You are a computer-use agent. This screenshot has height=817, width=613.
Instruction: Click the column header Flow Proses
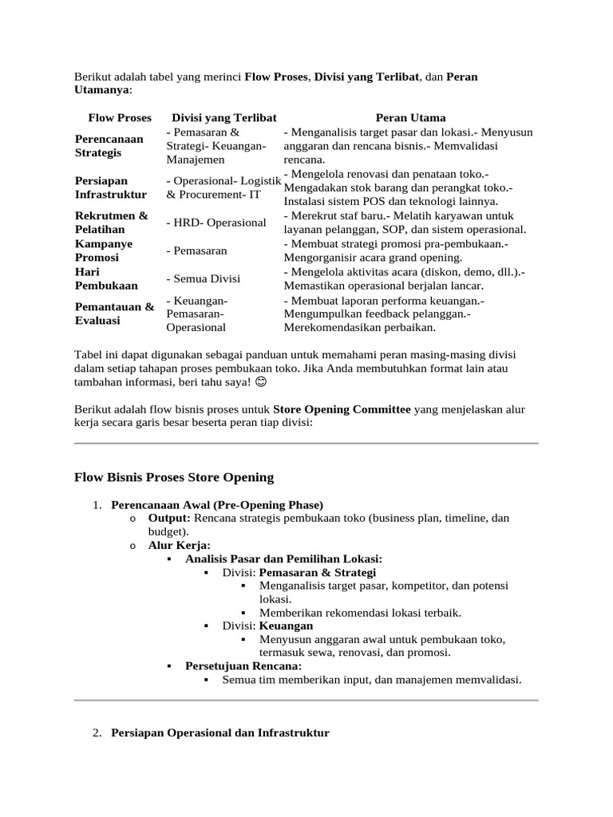tap(119, 117)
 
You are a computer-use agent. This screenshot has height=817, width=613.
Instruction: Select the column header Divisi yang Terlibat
tap(218, 117)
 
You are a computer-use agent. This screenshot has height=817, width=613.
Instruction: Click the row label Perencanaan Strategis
tap(109, 145)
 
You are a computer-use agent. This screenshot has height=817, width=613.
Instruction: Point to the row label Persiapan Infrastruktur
tap(110, 187)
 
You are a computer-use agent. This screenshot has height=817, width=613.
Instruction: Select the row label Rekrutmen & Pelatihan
tap(111, 223)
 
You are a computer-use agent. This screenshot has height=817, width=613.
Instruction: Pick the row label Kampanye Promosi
tap(103, 251)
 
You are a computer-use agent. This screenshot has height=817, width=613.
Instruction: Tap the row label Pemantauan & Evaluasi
tap(114, 314)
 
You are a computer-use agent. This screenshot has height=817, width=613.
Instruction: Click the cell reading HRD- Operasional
tap(216, 223)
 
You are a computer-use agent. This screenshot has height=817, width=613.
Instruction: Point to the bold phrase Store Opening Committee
tap(342, 409)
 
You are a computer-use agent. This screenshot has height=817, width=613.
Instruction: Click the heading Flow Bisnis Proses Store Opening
tap(173, 477)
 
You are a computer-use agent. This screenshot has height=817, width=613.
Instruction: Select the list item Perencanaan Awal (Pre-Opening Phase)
tap(217, 505)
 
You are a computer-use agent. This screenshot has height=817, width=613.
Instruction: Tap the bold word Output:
tap(169, 519)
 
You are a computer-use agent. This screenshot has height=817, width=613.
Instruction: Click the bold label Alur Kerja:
tap(180, 546)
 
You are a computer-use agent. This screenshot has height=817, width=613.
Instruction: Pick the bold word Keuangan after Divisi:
tap(286, 626)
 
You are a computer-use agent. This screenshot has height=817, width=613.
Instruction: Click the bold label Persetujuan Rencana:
tap(243, 666)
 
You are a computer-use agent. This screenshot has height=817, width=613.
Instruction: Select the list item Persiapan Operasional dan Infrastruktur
tap(219, 732)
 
